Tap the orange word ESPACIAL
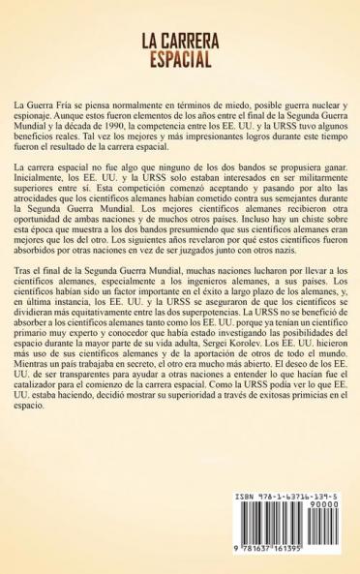coord(179,62)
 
